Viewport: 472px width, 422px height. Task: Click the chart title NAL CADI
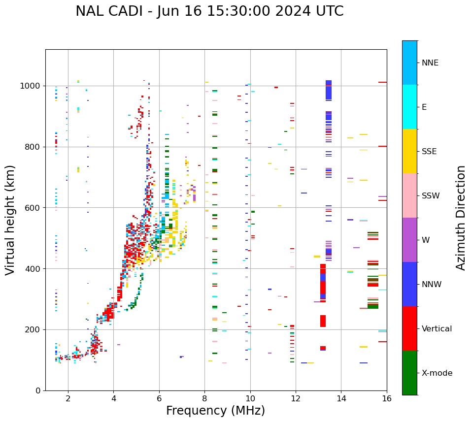tap(209, 11)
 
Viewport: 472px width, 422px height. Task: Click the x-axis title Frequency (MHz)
tap(215, 411)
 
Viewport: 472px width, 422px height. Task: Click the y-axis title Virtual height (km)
tap(10, 220)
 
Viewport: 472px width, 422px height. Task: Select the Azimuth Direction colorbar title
tap(461, 218)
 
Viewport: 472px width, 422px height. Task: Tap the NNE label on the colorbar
tap(430, 63)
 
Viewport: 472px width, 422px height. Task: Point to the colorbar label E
tap(424, 107)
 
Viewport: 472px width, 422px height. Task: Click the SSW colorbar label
tap(431, 195)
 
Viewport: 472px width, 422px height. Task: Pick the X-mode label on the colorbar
tap(437, 373)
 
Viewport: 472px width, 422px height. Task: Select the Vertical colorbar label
tap(437, 328)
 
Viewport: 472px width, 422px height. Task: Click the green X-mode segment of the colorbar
tap(409, 373)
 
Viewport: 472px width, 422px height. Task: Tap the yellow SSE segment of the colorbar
tap(409, 151)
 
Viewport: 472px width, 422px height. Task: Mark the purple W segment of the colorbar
tap(409, 240)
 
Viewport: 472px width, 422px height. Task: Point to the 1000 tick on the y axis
tap(31, 86)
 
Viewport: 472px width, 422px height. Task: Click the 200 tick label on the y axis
tap(33, 329)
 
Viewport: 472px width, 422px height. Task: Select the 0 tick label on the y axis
tap(37, 390)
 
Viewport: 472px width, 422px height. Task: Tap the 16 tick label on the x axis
tap(387, 398)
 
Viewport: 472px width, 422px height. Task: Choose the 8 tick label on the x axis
tap(204, 398)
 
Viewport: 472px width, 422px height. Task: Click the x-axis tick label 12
tap(296, 398)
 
